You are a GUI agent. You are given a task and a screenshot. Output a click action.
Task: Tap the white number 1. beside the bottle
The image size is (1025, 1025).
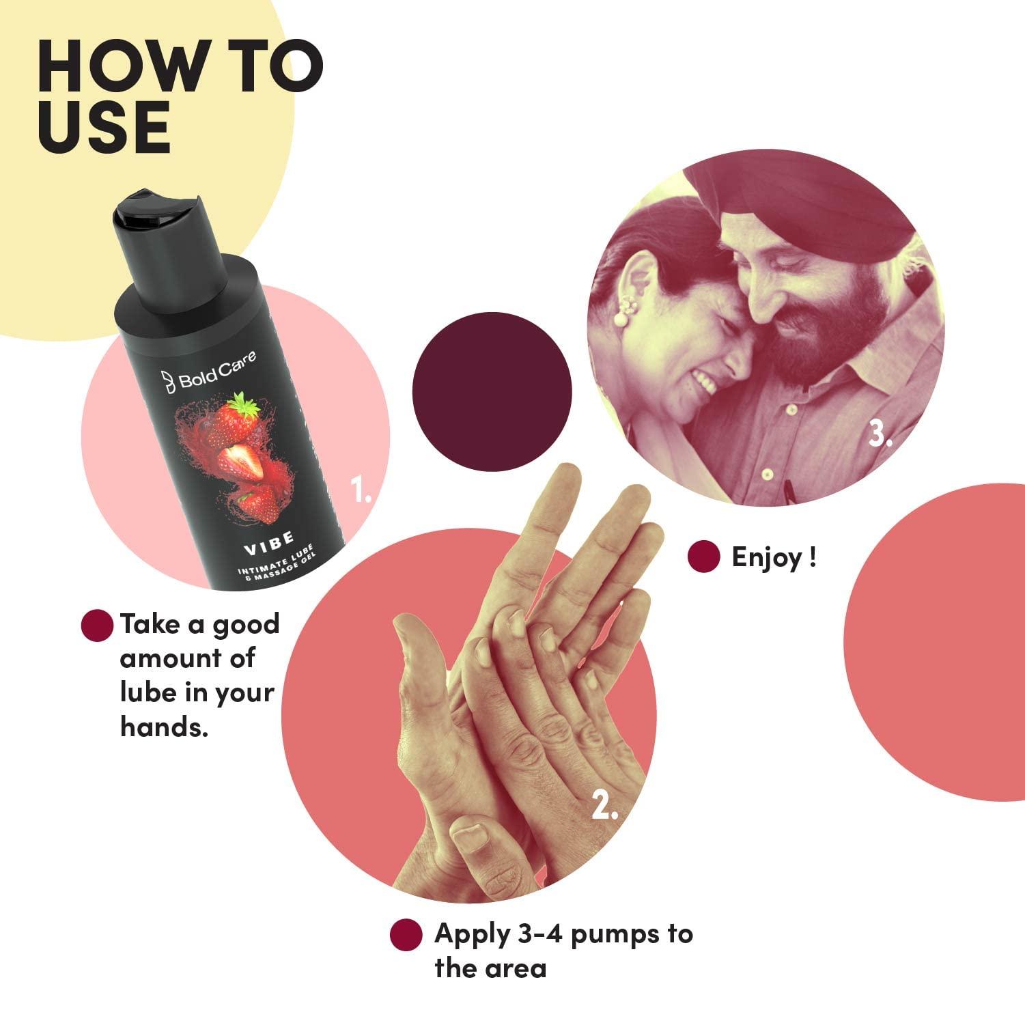361,489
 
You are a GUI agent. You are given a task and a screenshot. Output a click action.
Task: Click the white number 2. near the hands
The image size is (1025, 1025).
604,806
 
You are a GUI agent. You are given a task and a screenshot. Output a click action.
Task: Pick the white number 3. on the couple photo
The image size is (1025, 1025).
880,434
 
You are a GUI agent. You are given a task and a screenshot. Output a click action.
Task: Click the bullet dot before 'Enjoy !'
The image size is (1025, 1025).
704,557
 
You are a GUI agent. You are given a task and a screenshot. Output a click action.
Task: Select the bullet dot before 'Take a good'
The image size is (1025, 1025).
97,625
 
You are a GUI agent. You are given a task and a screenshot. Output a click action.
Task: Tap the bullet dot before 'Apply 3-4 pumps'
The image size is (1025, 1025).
406,934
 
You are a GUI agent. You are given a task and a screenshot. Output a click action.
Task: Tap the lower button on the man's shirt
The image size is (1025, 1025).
767,473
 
